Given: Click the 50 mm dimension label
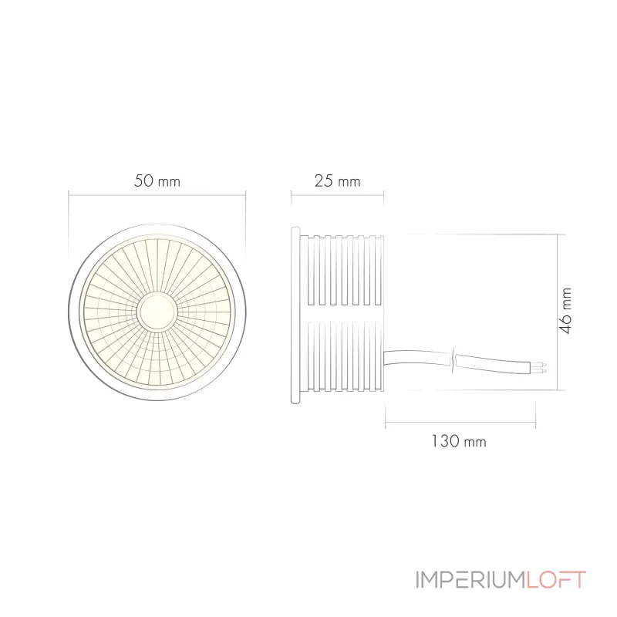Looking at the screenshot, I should (157, 181).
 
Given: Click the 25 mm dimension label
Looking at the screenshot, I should (337, 181).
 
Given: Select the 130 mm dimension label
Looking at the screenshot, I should (459, 442).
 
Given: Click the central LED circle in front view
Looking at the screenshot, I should (157, 310).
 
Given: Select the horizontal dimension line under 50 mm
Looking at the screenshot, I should (157, 194).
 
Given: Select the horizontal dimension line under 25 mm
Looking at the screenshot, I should (337, 194).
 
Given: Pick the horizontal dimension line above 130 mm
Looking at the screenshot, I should (460, 422).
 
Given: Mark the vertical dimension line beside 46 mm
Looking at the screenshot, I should (556, 312).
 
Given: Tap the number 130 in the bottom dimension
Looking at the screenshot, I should (446, 442).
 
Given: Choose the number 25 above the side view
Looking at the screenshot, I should (324, 181).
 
